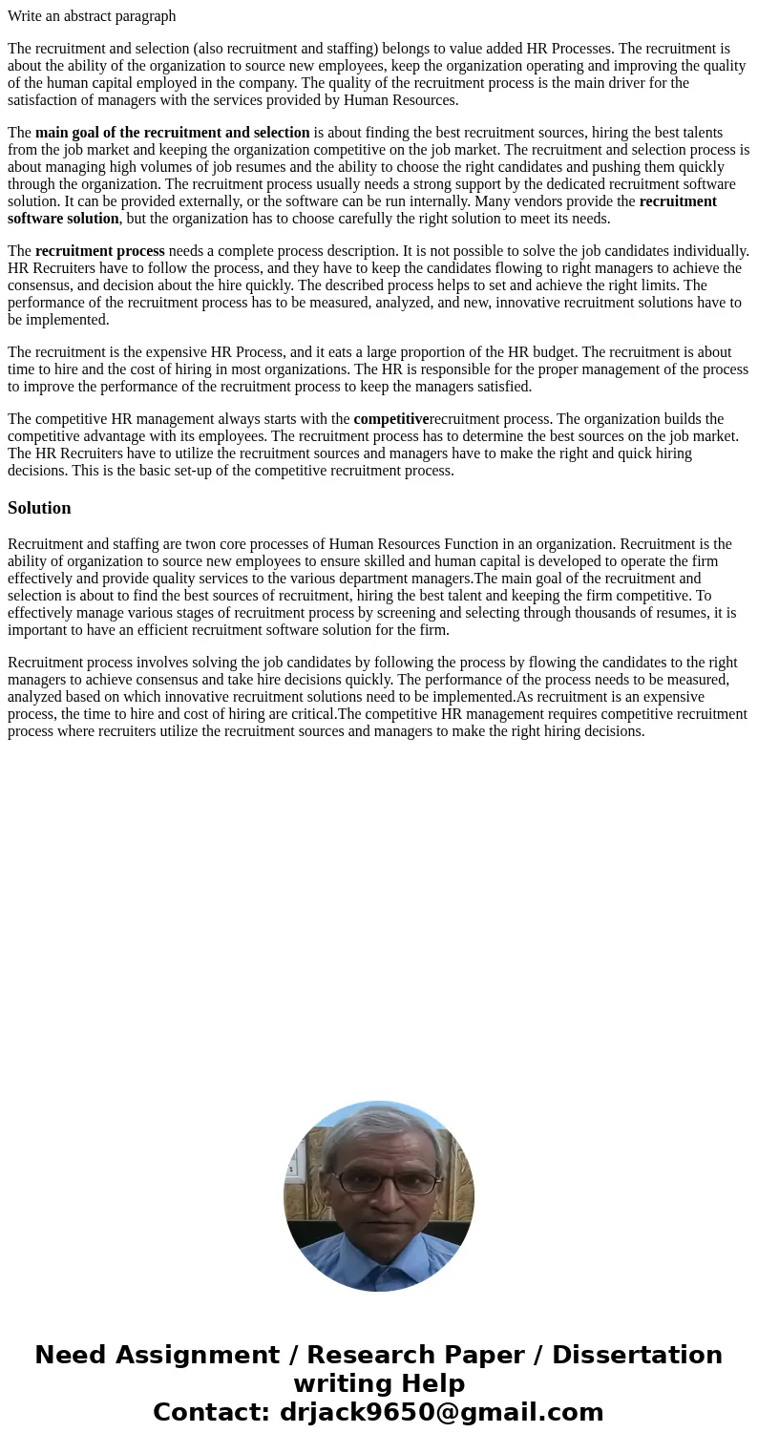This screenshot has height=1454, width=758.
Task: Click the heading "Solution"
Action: [39, 508]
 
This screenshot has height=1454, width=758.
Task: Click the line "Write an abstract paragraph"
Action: [92, 16]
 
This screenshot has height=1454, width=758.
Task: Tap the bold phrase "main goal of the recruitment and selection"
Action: [172, 133]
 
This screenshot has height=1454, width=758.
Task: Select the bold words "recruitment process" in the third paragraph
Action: [100, 251]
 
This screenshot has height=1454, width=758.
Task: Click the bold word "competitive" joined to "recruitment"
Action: [391, 419]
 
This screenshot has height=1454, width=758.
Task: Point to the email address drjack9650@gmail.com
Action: [441, 1412]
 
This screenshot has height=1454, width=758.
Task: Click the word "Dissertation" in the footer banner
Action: [637, 1355]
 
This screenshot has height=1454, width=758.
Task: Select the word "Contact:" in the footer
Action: [211, 1412]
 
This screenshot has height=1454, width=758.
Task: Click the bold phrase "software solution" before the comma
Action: [63, 219]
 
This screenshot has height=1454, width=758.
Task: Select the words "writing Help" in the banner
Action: [379, 1383]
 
